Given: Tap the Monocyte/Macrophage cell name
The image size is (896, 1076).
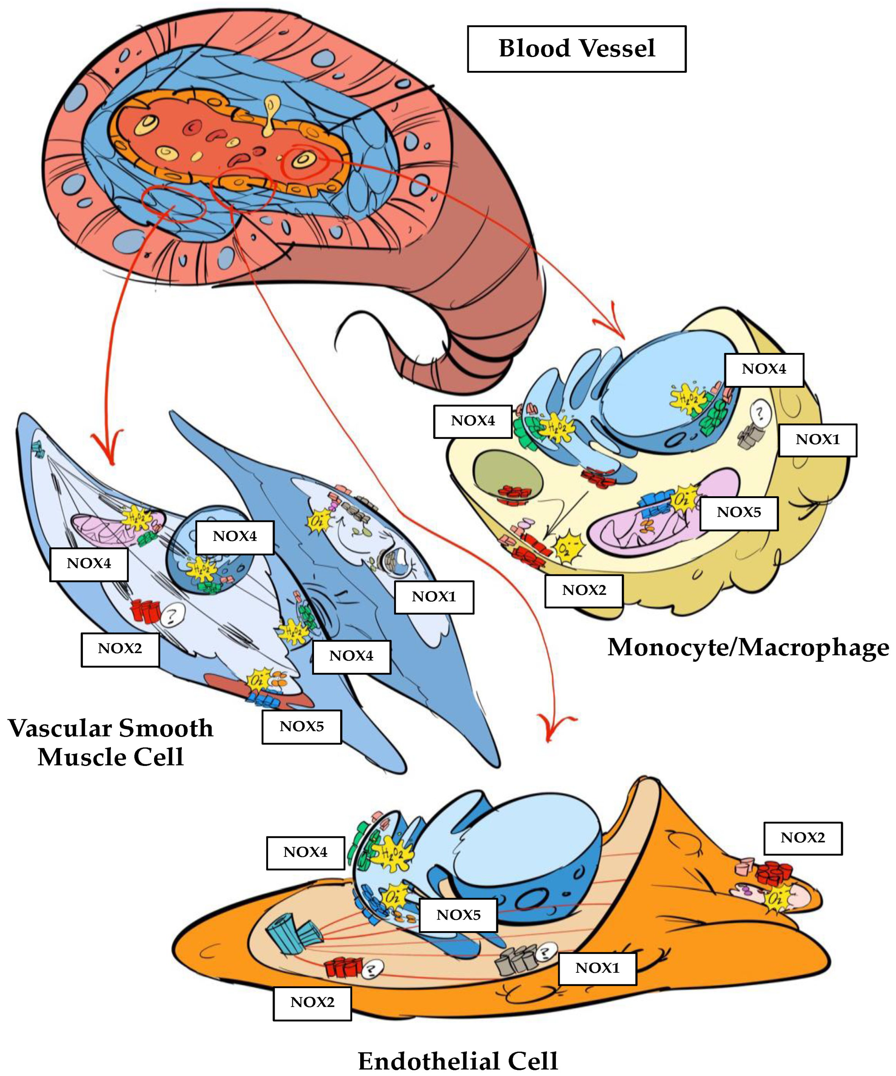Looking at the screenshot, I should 748,647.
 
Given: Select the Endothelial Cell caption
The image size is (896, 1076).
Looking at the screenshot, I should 458,1060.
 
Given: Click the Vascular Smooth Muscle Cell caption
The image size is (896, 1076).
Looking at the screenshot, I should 110,742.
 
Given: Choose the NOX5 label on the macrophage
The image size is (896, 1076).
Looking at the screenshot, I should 739,512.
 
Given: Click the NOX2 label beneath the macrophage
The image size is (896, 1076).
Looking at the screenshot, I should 584,590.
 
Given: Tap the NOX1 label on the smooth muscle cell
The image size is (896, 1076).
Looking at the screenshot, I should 434,597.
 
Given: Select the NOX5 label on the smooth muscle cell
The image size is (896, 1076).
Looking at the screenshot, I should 301,727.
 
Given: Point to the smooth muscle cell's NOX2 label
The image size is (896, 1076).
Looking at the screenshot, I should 120,649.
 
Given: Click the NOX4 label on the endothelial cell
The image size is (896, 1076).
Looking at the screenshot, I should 305,852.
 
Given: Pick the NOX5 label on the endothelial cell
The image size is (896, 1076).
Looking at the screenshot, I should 458,915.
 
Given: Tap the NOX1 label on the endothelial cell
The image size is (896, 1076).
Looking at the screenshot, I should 597,968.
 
